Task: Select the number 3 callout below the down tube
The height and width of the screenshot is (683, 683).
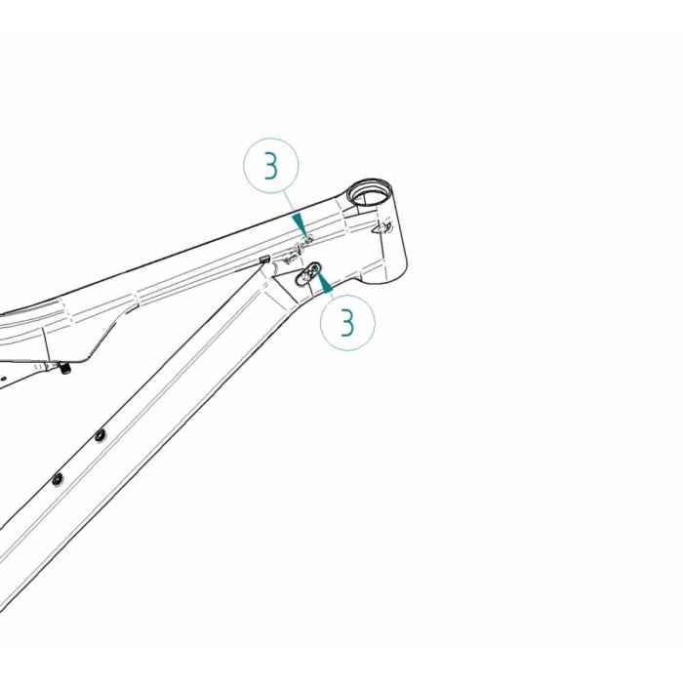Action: tap(347, 322)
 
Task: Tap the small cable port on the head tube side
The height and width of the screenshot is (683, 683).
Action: tap(386, 226)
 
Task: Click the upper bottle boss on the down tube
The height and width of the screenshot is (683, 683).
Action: tap(100, 435)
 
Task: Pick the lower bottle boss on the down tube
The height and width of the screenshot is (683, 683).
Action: tap(58, 478)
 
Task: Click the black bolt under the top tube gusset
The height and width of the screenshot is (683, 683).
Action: tap(65, 369)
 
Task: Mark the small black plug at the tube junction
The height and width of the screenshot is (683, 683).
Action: tap(264, 259)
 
